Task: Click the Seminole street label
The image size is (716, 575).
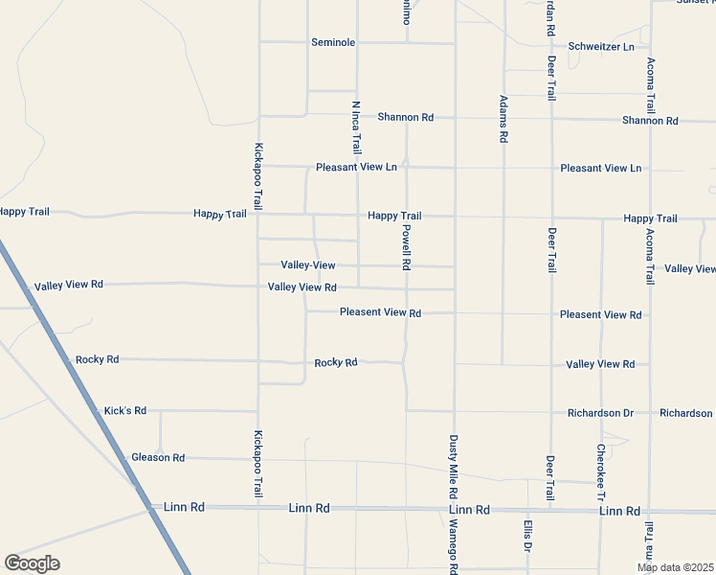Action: [333, 43]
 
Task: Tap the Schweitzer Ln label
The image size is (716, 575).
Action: [601, 46]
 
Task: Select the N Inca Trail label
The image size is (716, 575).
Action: [356, 127]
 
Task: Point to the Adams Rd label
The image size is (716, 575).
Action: [503, 119]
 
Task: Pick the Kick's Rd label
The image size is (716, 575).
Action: [125, 410]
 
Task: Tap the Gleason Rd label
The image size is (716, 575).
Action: [158, 458]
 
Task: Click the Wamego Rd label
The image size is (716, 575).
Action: [454, 547]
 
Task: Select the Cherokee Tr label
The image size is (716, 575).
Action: [601, 472]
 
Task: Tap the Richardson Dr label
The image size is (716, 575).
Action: [601, 413]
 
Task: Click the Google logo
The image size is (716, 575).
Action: [32, 563]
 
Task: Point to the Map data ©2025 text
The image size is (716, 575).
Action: [675, 567]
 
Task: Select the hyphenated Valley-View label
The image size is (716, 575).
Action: [308, 264]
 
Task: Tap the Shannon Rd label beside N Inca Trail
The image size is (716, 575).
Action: [406, 117]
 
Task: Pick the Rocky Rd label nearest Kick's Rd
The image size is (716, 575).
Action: [97, 359]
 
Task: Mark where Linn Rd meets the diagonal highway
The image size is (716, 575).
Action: [153, 508]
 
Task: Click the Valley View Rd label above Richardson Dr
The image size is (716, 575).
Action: [600, 364]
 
